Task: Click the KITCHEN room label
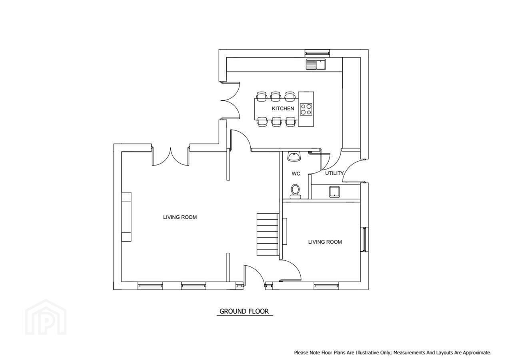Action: (283, 109)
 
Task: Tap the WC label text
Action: (296, 174)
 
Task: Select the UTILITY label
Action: (334, 174)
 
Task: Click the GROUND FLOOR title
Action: (244, 311)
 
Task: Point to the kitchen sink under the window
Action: (315, 64)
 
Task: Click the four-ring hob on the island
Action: (306, 109)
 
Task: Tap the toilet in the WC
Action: (295, 192)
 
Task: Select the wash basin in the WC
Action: (294, 156)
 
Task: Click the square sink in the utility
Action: (335, 192)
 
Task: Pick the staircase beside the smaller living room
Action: (267, 234)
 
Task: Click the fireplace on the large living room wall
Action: (126, 217)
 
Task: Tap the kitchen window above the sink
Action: (317, 53)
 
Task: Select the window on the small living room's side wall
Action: (364, 239)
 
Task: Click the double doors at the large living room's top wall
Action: (170, 157)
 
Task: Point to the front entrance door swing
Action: (254, 275)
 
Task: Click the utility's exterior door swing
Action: (352, 171)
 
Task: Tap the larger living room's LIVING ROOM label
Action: (180, 217)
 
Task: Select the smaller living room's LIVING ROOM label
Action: (325, 242)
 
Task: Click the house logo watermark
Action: (46, 317)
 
